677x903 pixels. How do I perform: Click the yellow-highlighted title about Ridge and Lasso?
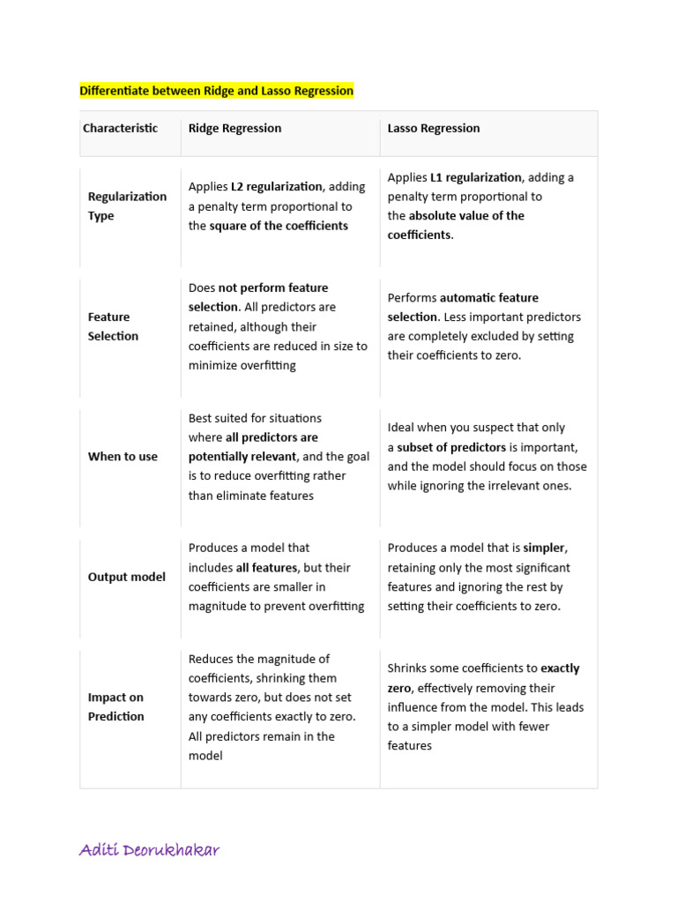coord(216,91)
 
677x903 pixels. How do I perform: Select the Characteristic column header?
coord(120,128)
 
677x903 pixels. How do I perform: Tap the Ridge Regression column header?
coord(234,128)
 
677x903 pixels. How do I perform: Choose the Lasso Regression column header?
coord(434,128)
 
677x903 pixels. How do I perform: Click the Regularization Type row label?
coord(127,205)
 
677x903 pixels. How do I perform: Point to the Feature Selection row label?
coord(113,326)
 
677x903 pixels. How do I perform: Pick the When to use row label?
coord(123,456)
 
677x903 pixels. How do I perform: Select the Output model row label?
coord(126,577)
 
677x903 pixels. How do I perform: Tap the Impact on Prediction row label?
coord(115,706)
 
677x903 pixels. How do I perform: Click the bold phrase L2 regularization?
coord(277,187)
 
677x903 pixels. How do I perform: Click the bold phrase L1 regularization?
coord(476,177)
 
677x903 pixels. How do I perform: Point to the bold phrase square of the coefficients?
coord(279,226)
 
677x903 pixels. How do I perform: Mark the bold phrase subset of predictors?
coord(451,447)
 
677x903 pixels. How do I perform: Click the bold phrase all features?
coord(266,567)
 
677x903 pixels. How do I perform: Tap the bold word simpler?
coord(544,548)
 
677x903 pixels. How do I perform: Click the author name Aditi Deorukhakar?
coord(149,850)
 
